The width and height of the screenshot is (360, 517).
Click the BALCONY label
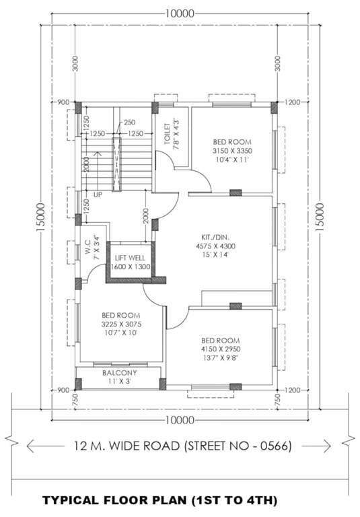pos(120,372)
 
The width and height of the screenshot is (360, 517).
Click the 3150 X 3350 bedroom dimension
pos(232,152)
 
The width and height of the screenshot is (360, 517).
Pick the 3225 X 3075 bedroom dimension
pos(121,324)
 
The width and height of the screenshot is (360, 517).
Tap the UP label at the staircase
pos(98,195)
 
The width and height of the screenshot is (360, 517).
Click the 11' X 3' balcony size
pos(120,381)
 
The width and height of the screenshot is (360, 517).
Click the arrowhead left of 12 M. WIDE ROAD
pos(30,446)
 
